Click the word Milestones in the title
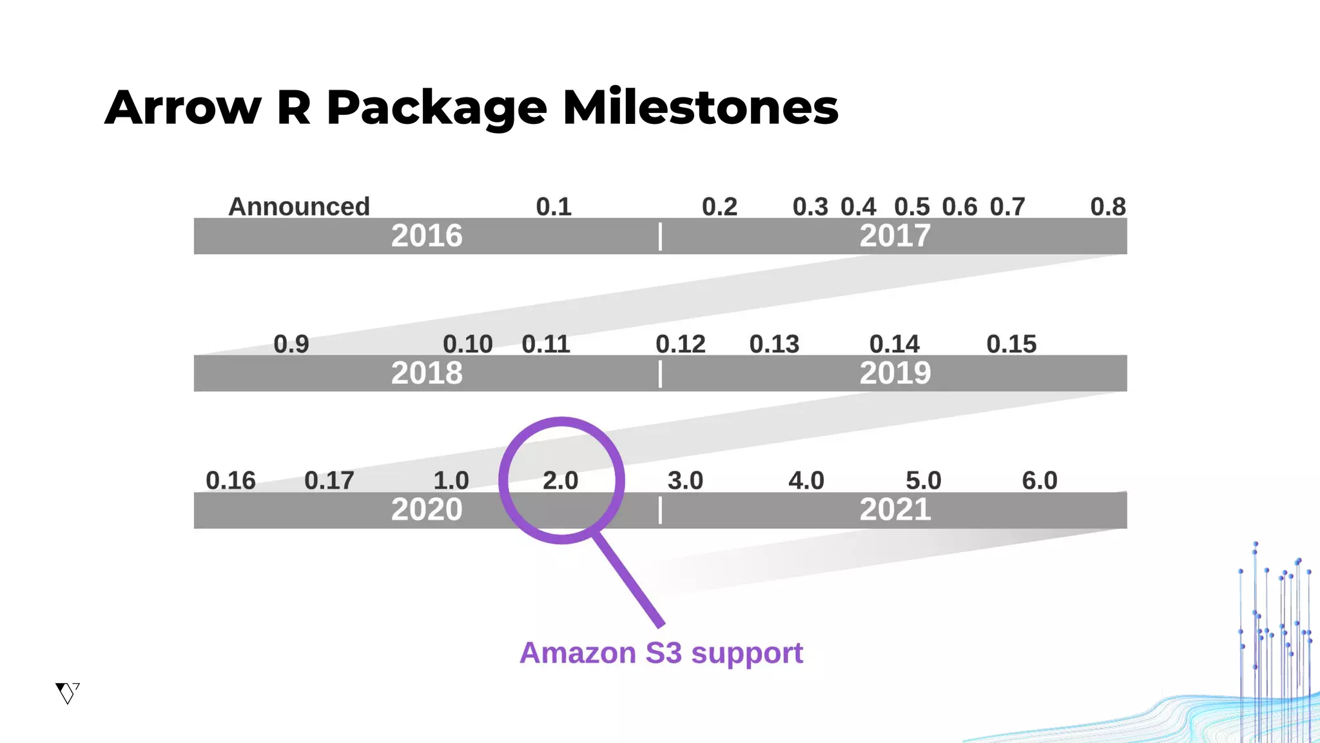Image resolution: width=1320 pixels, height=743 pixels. [700, 107]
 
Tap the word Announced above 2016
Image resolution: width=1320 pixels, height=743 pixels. [299, 207]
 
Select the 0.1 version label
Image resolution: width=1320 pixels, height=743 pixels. [554, 207]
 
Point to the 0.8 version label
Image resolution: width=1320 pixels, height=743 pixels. [1107, 207]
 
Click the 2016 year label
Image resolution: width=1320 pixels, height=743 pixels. [427, 236]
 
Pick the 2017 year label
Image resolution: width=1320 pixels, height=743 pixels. [895, 236]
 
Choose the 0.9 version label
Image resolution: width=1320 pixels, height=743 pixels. [291, 344]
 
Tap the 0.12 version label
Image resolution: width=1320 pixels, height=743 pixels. [681, 344]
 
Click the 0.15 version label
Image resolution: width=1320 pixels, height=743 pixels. [1011, 344]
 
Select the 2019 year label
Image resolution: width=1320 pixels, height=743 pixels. [895, 373]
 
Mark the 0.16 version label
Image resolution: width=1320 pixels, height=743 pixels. [231, 481]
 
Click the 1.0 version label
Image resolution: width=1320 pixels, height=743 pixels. [451, 481]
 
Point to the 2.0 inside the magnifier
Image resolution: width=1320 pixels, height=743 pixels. [560, 481]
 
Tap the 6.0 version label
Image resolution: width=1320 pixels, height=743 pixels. [1040, 481]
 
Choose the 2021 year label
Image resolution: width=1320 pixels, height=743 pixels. [895, 510]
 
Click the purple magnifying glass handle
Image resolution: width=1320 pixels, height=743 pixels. [628, 579]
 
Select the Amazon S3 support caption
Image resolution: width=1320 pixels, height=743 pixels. [661, 653]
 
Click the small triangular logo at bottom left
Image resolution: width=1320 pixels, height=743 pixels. [67, 693]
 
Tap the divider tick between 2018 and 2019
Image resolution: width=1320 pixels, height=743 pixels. [660, 374]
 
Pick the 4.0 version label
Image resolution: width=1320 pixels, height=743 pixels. [806, 481]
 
